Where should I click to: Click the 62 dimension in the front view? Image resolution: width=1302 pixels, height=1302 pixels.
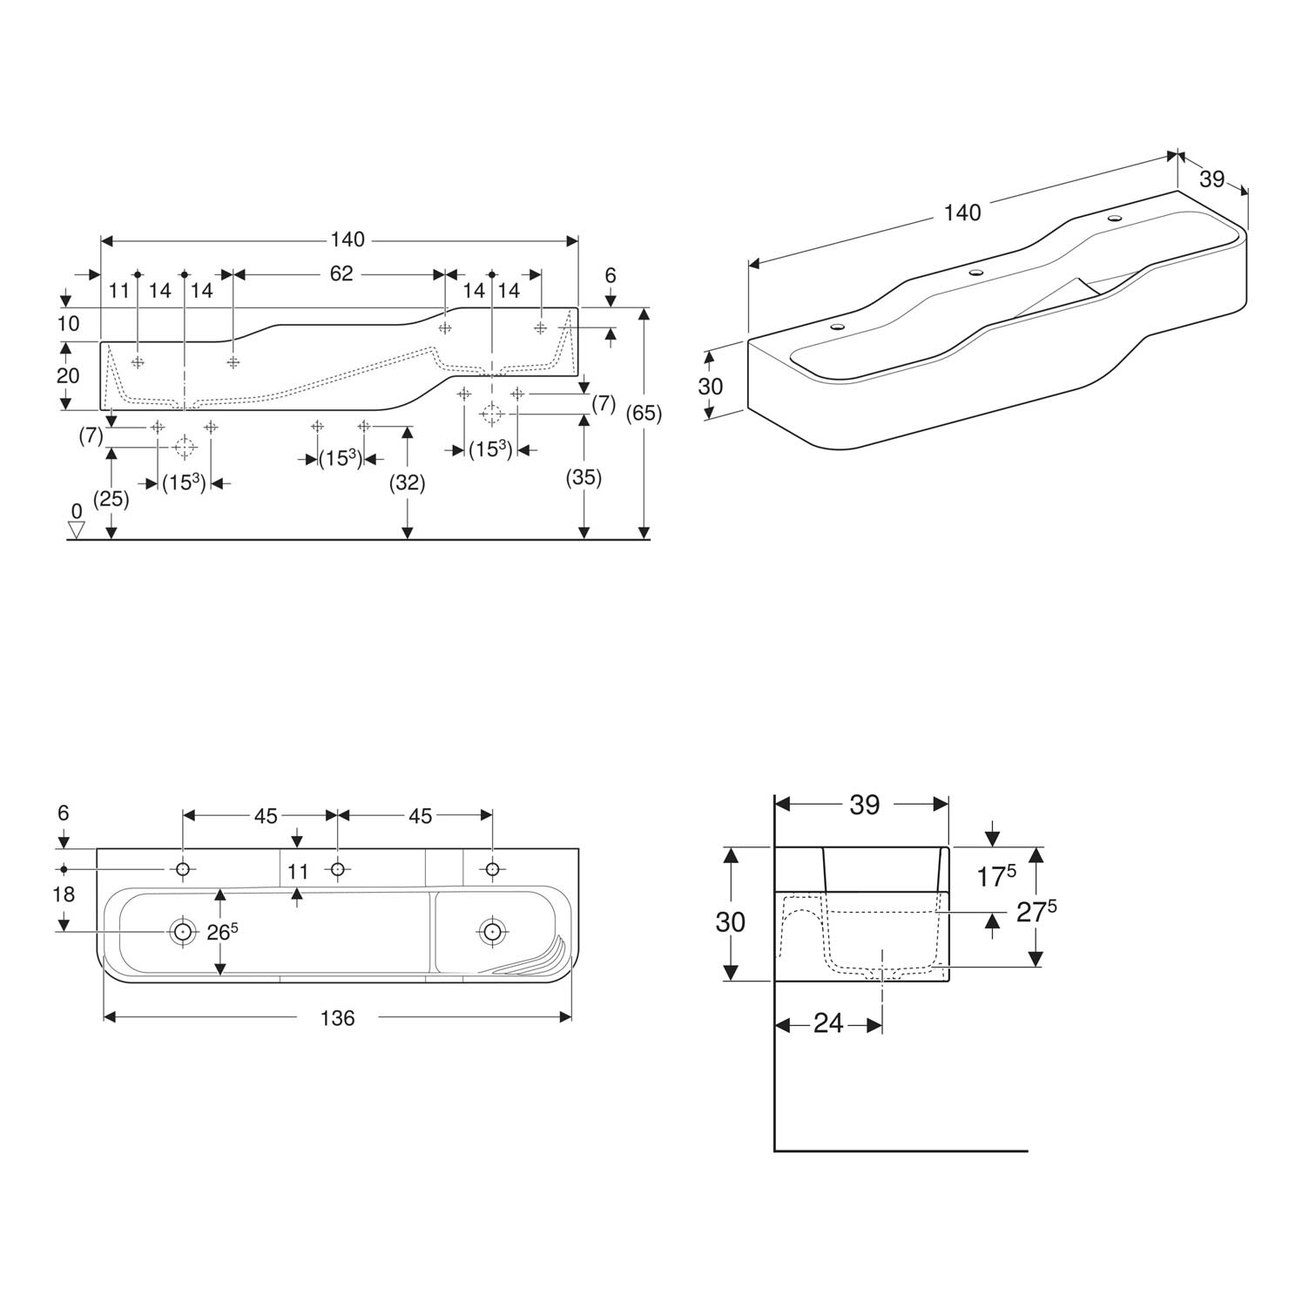pos(341,273)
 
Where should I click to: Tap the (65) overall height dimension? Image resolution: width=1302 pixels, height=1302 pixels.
pos(644,413)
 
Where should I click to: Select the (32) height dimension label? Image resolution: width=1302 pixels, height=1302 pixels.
pos(408,482)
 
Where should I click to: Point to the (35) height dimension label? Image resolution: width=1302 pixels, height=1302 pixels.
pos(584,477)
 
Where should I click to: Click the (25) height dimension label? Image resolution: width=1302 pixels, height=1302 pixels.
pos(111,499)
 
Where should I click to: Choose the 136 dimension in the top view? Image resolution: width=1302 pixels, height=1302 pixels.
pos(337,1017)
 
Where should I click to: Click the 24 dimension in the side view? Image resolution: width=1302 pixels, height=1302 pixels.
pos(828,1023)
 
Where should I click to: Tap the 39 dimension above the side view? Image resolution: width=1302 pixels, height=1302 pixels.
pos(864,805)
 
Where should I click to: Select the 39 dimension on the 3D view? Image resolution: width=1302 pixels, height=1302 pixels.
pos(1211,179)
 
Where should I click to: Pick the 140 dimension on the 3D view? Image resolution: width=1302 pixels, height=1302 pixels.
pos(962,213)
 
